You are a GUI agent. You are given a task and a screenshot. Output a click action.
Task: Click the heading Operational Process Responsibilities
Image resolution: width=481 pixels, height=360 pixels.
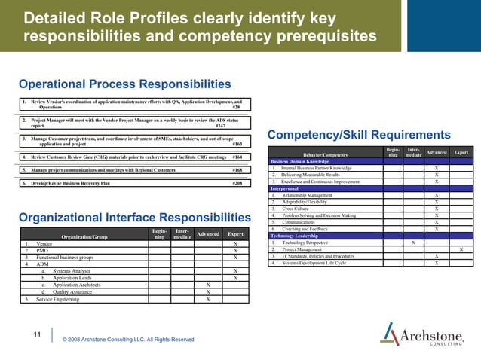click(125, 84)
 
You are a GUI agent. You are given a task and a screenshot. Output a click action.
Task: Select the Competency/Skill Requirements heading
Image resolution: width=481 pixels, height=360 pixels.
click(359, 135)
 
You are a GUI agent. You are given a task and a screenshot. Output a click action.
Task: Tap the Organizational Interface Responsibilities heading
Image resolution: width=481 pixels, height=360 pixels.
click(135, 218)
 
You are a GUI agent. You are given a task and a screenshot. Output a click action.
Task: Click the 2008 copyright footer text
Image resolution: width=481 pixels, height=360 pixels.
click(127, 340)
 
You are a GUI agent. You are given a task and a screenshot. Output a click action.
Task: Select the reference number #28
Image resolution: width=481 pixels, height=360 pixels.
click(236, 108)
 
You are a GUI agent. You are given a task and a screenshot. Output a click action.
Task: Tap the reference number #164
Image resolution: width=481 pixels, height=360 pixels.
click(237, 157)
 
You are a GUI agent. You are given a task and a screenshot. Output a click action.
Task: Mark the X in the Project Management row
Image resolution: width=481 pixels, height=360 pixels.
click(461, 249)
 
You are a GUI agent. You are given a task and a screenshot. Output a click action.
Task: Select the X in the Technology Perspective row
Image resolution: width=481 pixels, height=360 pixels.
click(412, 243)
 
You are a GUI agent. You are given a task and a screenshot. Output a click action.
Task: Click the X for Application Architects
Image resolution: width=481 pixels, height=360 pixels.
click(208, 285)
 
